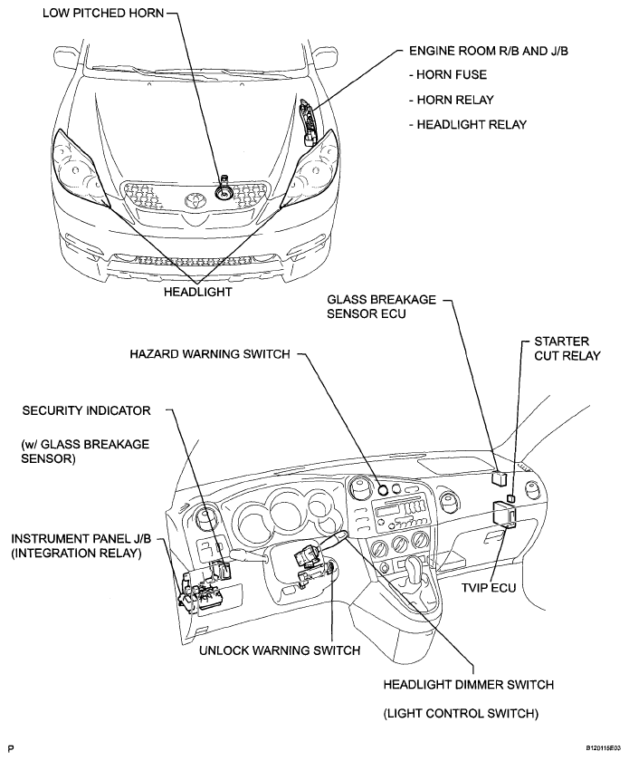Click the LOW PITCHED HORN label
pyautogui.click(x=103, y=13)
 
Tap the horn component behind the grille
pyautogui.click(x=224, y=189)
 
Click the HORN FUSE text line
pyautogui.click(x=448, y=74)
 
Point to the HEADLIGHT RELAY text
pyautogui.click(x=468, y=125)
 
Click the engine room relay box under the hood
pyautogui.click(x=308, y=122)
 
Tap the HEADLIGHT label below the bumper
pyautogui.click(x=198, y=292)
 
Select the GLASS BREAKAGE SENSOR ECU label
pyautogui.click(x=381, y=306)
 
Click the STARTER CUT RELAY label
pyautogui.click(x=567, y=349)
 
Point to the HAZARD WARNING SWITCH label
pyautogui.click(x=210, y=354)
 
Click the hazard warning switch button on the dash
pyautogui.click(x=383, y=490)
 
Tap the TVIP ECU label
pyautogui.click(x=489, y=587)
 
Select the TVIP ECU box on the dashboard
pyautogui.click(x=504, y=515)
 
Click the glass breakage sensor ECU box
pyautogui.click(x=499, y=477)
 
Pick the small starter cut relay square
pyautogui.click(x=510, y=498)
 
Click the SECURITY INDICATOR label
pyautogui.click(x=86, y=410)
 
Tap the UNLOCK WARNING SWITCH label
pyautogui.click(x=280, y=650)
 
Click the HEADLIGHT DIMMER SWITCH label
pyautogui.click(x=469, y=685)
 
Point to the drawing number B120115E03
pyautogui.click(x=603, y=749)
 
